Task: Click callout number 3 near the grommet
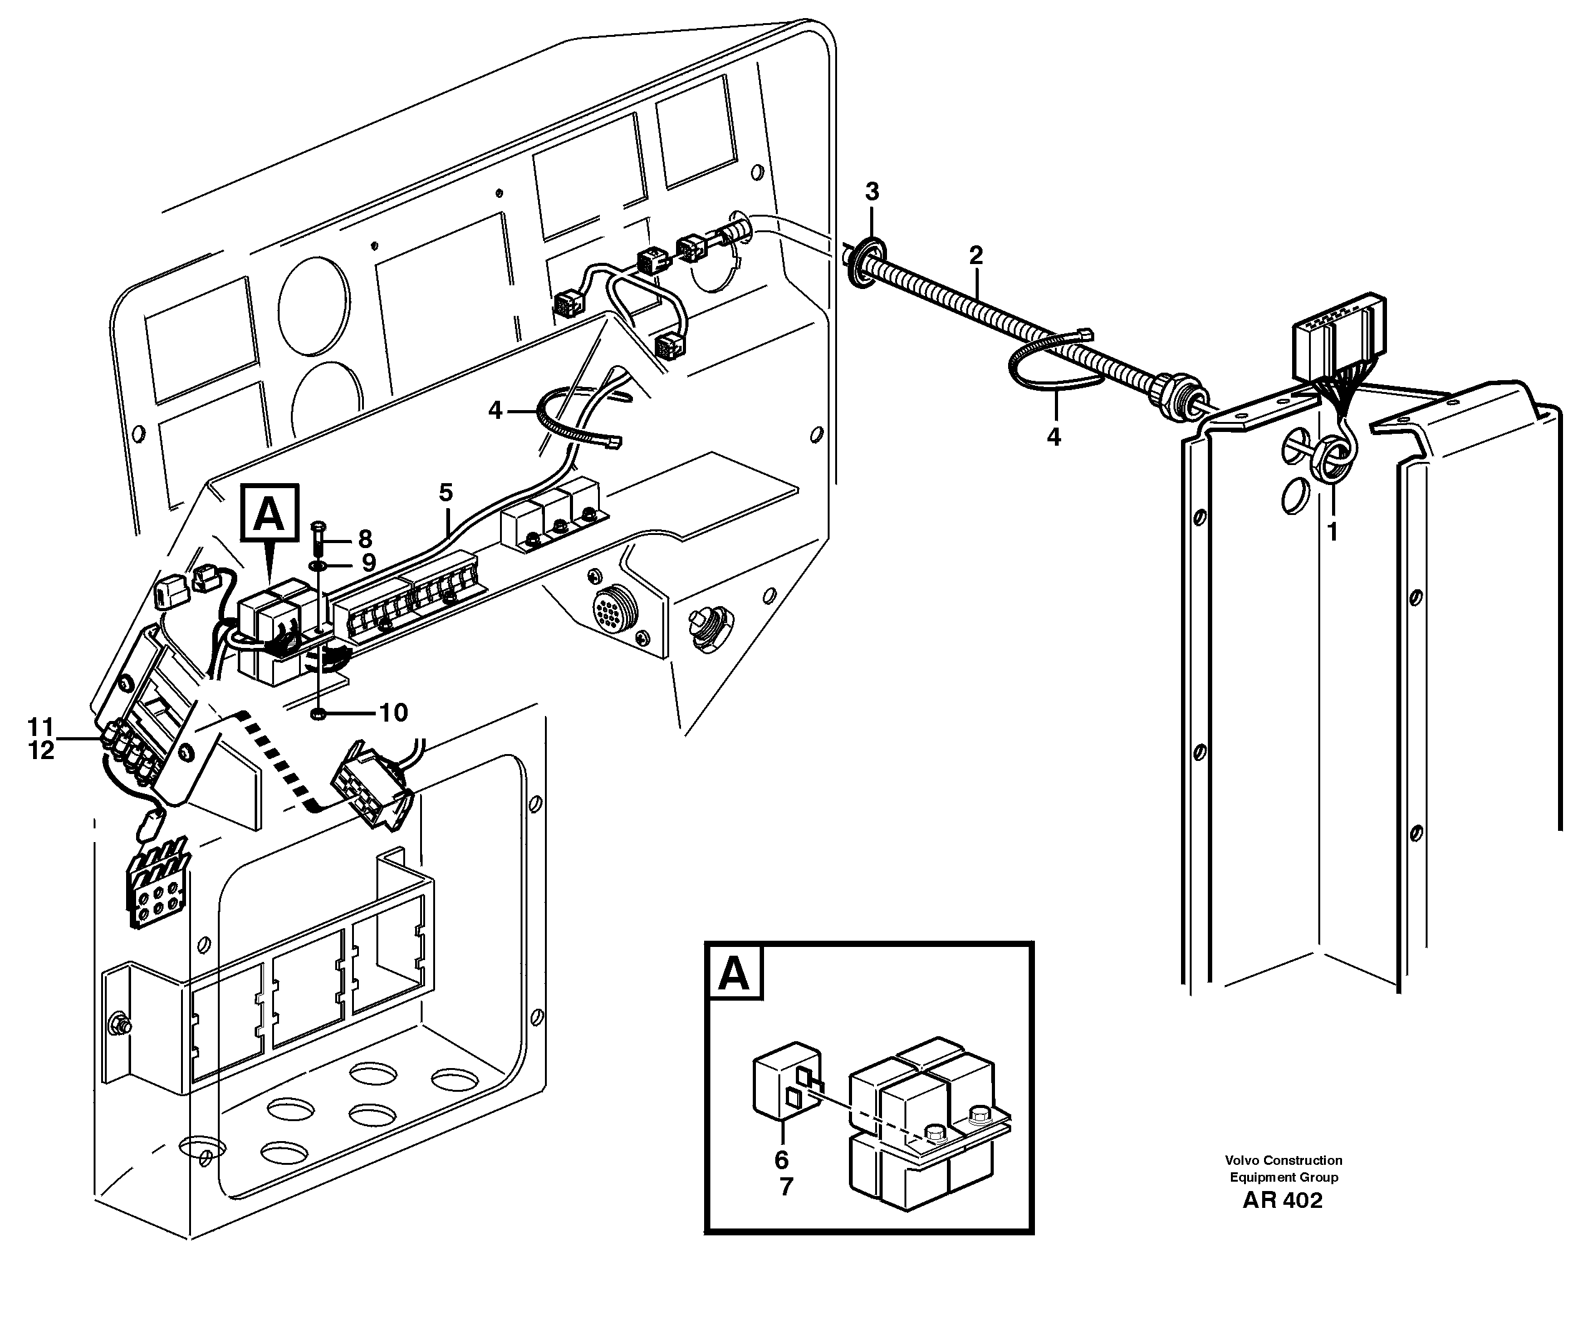871,192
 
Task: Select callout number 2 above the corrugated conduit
976,255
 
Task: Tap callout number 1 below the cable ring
1332,532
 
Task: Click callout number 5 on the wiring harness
446,493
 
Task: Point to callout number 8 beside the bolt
365,539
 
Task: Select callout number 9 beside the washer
368,563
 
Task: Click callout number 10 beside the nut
393,712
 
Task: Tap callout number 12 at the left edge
41,750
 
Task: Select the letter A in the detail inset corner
733,974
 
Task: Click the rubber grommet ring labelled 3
864,262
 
